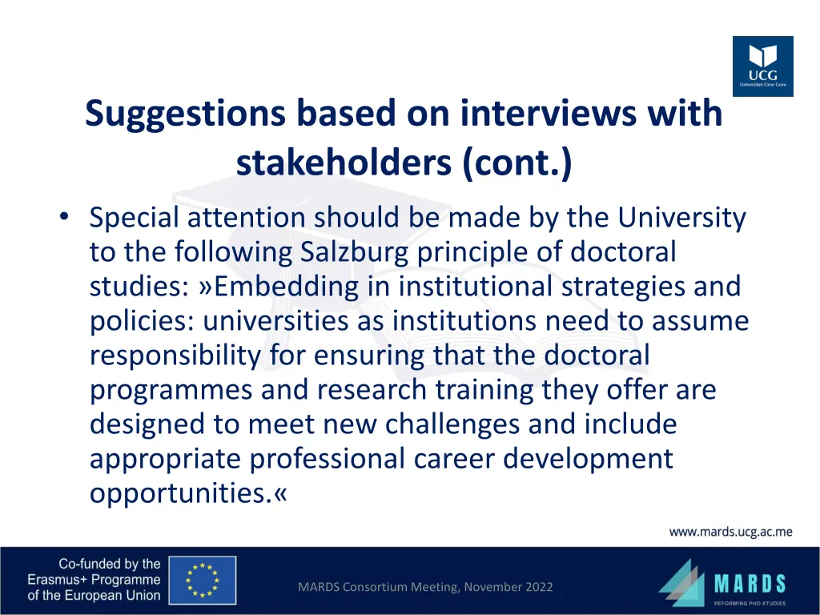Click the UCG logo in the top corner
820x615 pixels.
(x=762, y=66)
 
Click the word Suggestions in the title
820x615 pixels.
(x=185, y=114)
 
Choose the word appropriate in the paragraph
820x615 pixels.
(x=165, y=459)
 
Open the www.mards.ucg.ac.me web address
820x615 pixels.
(x=730, y=532)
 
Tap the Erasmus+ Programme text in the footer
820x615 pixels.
(x=94, y=580)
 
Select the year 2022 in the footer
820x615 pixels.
(x=538, y=587)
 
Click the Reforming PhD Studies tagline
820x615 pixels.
(x=750, y=602)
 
